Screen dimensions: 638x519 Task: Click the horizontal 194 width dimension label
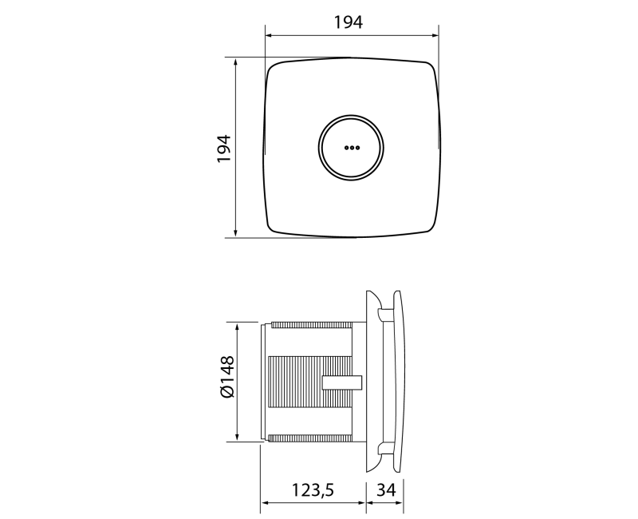click(x=349, y=22)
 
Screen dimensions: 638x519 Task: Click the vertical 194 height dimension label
click(x=224, y=149)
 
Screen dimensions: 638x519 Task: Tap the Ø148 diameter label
click(x=227, y=376)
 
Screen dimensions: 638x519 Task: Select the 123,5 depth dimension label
click(x=313, y=489)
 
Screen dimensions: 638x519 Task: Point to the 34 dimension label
click(x=386, y=489)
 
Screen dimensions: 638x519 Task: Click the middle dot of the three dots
click(x=352, y=148)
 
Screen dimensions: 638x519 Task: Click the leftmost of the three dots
click(x=346, y=148)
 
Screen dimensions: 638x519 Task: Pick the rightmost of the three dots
click(x=356, y=148)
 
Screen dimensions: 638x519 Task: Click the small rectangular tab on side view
click(x=342, y=382)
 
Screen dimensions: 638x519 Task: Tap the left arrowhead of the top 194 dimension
click(x=269, y=35)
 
